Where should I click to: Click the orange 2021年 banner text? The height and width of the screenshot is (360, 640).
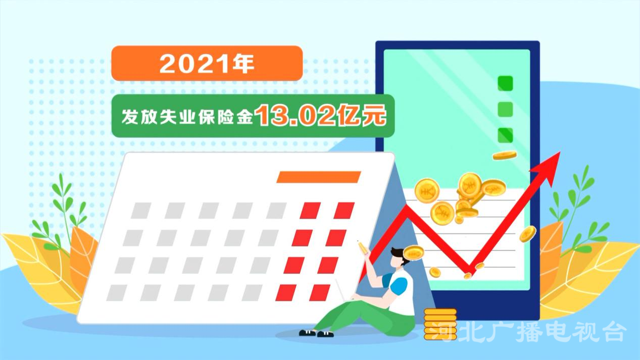(x=207, y=64)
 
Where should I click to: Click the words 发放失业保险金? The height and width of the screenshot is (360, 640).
(x=187, y=117)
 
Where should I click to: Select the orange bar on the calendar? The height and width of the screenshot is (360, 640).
(x=319, y=177)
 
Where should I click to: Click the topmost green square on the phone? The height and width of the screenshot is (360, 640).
(x=505, y=83)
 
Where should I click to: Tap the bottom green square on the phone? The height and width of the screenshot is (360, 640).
(x=505, y=135)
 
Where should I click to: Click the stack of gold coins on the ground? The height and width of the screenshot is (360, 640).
(x=440, y=324)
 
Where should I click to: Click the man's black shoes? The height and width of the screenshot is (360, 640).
(x=316, y=333)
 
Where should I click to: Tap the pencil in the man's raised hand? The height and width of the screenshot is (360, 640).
(x=362, y=248)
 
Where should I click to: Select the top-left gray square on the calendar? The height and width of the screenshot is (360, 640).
(x=141, y=211)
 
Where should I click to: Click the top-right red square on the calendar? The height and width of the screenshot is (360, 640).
(x=344, y=211)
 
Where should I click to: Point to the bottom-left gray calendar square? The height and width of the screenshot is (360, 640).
(x=117, y=293)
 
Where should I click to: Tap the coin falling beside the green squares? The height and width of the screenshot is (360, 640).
(x=505, y=156)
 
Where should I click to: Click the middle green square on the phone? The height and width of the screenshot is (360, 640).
(x=505, y=109)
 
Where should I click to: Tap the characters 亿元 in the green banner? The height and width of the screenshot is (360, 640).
(x=361, y=116)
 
